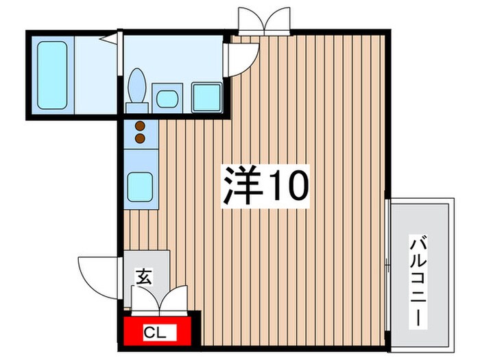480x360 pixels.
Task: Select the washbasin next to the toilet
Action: point(167,98)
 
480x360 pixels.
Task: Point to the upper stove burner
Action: point(140,126)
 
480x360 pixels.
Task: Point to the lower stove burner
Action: point(140,138)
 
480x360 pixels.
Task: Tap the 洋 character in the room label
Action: point(241,184)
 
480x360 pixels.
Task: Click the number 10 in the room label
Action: point(287,184)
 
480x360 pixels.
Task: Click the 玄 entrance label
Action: point(144,278)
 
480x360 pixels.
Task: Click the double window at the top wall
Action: point(265,21)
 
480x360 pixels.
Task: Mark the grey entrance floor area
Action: point(151,264)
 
